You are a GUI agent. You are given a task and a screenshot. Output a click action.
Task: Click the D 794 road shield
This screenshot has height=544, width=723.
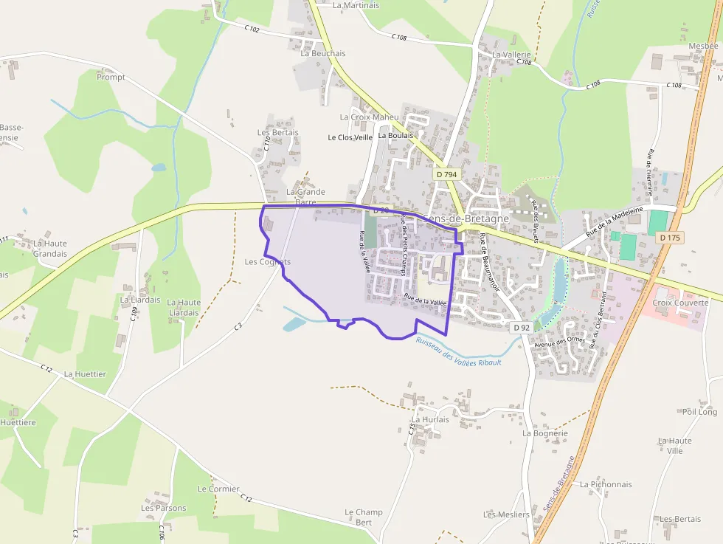tap(446, 174)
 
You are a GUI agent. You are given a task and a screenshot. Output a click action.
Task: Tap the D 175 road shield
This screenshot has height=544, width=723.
tap(669, 238)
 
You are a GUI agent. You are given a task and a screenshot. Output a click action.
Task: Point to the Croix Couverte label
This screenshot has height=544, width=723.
tap(680, 303)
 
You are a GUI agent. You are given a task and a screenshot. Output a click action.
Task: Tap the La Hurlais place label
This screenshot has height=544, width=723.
tap(430, 419)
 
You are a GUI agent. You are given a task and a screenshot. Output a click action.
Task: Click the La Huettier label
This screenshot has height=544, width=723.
tap(85, 374)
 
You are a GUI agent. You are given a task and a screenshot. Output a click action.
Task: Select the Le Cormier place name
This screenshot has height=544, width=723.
tap(218, 489)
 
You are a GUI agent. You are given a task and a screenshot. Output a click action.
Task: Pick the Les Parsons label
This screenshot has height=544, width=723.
tap(164, 508)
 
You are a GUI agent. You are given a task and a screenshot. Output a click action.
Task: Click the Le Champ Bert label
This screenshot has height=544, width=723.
tap(364, 517)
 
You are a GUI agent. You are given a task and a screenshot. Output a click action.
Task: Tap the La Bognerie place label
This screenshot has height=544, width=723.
tap(545, 433)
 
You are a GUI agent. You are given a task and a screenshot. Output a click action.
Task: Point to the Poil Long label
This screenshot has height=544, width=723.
tap(699, 412)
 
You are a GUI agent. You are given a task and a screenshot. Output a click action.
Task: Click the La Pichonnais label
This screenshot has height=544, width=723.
tap(606, 484)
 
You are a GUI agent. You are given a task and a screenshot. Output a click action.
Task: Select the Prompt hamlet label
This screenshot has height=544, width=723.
tap(111, 77)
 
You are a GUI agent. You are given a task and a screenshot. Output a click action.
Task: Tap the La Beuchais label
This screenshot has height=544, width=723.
tap(323, 53)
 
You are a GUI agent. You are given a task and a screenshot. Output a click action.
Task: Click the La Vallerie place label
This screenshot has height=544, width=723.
tap(511, 55)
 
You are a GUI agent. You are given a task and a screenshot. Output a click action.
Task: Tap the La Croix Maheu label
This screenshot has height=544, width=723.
tap(369, 117)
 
